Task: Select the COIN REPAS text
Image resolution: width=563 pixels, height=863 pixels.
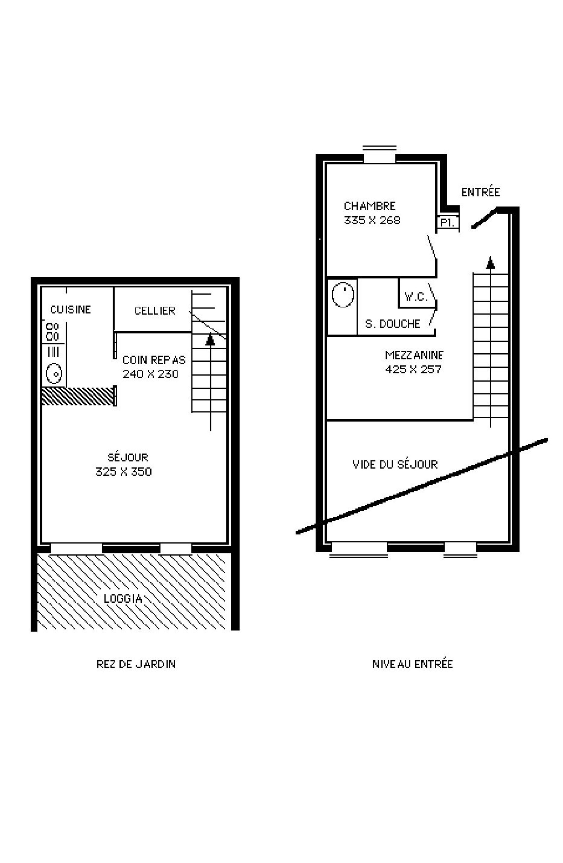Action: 154,360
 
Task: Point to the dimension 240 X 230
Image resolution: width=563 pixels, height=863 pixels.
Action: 150,374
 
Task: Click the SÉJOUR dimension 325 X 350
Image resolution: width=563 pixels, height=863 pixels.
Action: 124,471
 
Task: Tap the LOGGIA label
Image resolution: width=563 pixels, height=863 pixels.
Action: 123,598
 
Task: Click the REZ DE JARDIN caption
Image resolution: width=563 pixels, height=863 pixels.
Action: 136,664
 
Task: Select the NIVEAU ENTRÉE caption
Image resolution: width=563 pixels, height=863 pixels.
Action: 413,664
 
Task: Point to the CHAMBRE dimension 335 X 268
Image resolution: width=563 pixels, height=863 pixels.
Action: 372,220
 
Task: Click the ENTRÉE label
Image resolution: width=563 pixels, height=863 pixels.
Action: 480,192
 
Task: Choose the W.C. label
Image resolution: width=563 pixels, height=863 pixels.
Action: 416,297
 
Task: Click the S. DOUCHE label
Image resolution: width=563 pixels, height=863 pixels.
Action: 393,323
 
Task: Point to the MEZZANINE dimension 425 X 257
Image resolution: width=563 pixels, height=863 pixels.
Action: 413,369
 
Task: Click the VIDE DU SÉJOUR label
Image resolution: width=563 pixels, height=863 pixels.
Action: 395,464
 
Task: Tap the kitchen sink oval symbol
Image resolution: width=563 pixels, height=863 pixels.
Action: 54,373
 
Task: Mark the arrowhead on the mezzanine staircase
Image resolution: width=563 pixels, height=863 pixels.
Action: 490,262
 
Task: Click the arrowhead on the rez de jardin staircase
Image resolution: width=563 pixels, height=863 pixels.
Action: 210,340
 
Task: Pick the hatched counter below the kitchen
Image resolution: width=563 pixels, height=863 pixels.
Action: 77,396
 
